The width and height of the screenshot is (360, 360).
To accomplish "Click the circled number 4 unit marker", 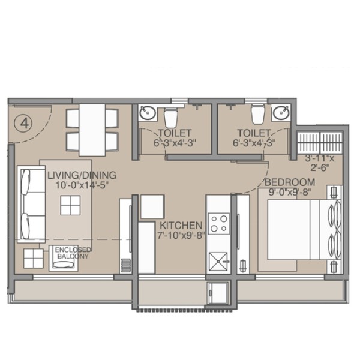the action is (x=23, y=124).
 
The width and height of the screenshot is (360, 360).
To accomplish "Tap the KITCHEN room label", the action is (x=181, y=226).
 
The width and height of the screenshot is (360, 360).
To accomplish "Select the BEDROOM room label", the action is (x=290, y=182).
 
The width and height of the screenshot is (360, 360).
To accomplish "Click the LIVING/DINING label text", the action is (x=82, y=175).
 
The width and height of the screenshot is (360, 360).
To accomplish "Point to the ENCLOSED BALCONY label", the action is (x=73, y=253).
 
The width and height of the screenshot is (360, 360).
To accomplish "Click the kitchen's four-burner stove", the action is (x=219, y=224).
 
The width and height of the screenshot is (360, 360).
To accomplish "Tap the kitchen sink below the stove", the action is (x=218, y=262).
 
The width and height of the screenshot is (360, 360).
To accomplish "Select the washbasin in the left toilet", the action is (x=148, y=113).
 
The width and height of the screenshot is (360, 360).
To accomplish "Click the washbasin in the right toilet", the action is (x=281, y=113).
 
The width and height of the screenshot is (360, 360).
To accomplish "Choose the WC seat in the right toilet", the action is (x=258, y=114).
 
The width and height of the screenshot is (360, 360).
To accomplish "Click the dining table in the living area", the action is (x=92, y=130).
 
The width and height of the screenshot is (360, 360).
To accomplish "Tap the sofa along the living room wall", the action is (x=31, y=204).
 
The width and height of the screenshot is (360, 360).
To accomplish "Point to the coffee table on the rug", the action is (x=70, y=205).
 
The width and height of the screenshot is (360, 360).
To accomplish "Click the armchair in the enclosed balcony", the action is (x=64, y=258).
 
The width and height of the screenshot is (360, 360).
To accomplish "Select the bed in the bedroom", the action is (x=304, y=230).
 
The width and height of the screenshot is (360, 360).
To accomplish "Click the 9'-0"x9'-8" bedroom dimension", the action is (x=290, y=192).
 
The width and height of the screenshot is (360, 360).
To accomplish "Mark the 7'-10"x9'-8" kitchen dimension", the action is (x=181, y=235).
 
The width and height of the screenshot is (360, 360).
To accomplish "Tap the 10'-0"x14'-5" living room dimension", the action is (x=82, y=185).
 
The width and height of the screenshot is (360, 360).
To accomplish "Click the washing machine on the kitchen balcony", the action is (x=217, y=293).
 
